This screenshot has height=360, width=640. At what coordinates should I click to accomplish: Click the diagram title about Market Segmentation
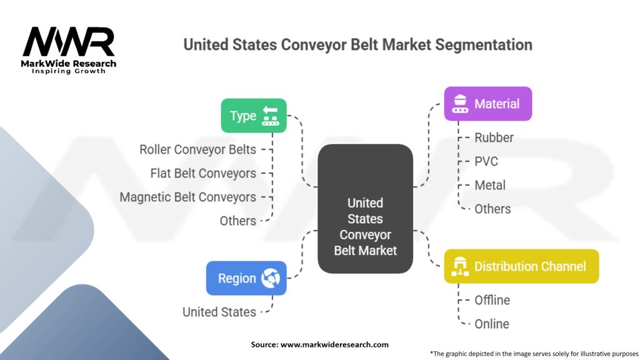(357, 45)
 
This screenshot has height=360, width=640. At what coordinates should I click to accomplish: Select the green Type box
(253, 116)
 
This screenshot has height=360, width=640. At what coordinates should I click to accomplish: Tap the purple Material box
(487, 104)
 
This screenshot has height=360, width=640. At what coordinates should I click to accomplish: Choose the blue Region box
(246, 278)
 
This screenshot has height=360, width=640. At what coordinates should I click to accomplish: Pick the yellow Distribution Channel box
(521, 266)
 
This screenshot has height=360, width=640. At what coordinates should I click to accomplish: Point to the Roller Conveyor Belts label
(197, 149)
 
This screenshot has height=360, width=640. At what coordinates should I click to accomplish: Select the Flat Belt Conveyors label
(203, 173)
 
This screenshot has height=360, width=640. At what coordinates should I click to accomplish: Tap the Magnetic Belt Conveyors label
(187, 197)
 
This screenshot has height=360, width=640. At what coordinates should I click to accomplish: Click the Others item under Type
(237, 221)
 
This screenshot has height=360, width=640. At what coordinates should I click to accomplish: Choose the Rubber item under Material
(494, 137)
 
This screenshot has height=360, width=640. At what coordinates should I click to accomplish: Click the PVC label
(486, 161)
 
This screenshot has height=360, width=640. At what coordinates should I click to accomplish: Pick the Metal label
(490, 185)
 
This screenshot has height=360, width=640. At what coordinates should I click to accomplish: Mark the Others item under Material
(492, 209)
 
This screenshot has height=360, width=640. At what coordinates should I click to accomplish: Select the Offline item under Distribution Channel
(492, 300)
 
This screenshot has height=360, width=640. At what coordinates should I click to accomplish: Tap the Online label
(491, 324)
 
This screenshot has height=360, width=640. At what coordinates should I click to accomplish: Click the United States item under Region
(219, 312)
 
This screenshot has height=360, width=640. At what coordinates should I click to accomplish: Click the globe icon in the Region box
(271, 278)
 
